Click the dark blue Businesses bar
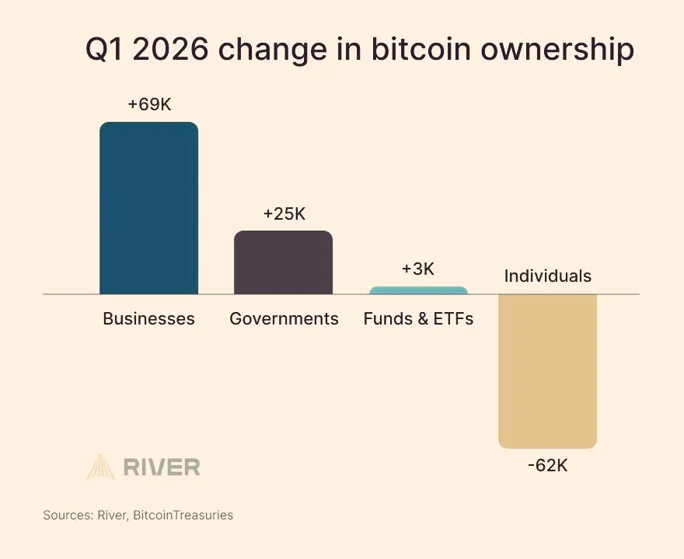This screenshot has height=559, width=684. (x=148, y=208)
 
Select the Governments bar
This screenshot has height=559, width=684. (x=283, y=262)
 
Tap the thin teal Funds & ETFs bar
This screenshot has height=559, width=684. (x=418, y=290)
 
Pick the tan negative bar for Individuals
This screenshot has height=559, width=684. (x=547, y=370)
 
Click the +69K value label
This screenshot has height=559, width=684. (x=149, y=104)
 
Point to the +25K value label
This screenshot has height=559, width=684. (x=284, y=214)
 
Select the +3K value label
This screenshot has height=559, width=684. (x=418, y=269)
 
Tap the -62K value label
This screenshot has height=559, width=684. (x=547, y=467)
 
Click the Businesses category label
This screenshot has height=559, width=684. (x=148, y=318)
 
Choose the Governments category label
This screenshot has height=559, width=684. (x=284, y=318)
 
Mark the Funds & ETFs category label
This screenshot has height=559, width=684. (x=418, y=318)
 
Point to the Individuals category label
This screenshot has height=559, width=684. (x=547, y=276)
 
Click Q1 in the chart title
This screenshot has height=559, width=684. (x=107, y=50)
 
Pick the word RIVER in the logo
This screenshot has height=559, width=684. (x=162, y=467)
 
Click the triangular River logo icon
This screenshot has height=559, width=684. (x=100, y=467)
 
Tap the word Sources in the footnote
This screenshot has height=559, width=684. (x=68, y=515)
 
